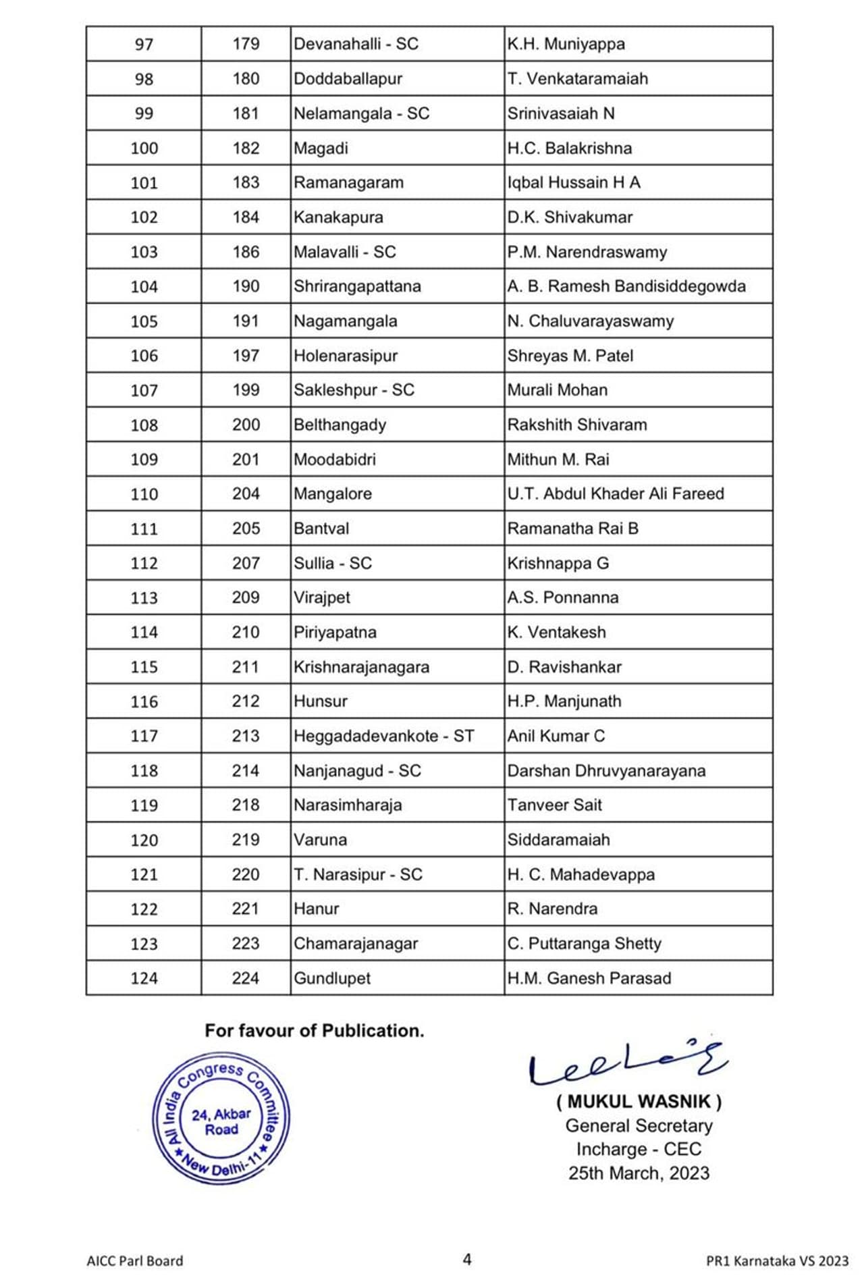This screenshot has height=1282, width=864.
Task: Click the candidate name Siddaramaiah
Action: (558, 840)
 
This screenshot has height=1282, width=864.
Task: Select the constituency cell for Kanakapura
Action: (338, 217)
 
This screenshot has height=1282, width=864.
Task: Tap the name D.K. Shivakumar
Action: (570, 217)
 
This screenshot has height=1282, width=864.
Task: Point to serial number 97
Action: (144, 45)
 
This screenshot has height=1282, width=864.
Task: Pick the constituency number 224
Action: (245, 978)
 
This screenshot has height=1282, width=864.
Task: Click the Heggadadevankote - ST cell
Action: (383, 736)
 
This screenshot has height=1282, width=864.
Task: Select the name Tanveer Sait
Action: (554, 805)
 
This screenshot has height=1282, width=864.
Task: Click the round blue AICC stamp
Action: (221, 1118)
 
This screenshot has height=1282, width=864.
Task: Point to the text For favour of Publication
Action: (315, 1031)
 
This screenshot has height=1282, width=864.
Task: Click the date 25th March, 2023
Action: (639, 1173)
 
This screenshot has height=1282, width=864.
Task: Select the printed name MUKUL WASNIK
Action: (639, 1102)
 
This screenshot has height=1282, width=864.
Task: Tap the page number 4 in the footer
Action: (466, 1259)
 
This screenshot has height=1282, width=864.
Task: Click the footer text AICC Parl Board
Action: (135, 1260)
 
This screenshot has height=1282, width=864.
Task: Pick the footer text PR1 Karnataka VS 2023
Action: (777, 1260)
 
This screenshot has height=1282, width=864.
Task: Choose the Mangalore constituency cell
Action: (333, 494)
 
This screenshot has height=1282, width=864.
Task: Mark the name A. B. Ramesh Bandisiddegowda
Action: (626, 286)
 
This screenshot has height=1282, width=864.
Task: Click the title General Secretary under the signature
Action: (639, 1125)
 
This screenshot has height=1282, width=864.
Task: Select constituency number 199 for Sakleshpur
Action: (246, 390)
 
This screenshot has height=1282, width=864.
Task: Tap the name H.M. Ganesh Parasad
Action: (589, 978)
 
